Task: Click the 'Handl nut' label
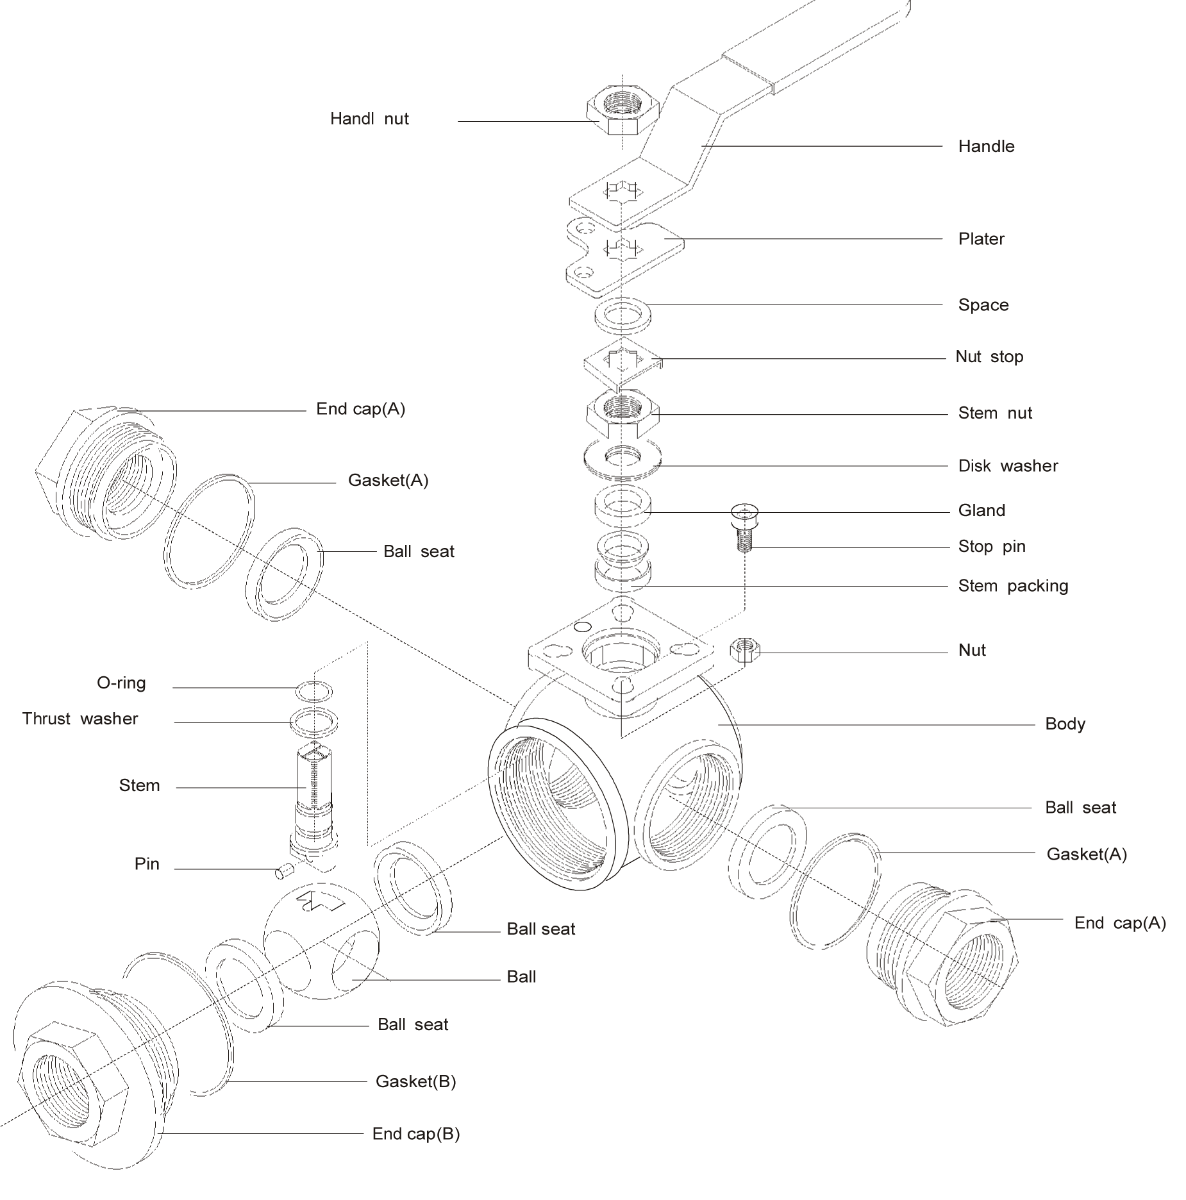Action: point(369,119)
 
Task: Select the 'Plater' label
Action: point(981,240)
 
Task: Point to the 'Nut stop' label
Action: point(989,357)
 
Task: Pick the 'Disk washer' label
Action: point(1008,466)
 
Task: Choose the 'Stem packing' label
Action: point(1012,586)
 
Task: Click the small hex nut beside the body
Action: point(745,652)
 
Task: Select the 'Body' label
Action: point(1065,724)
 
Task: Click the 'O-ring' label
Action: point(122,683)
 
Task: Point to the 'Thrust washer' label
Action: point(81,719)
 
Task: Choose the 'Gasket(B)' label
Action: point(415,1082)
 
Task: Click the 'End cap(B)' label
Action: point(415,1134)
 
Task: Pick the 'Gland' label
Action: point(981,511)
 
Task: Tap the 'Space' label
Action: point(983,305)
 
